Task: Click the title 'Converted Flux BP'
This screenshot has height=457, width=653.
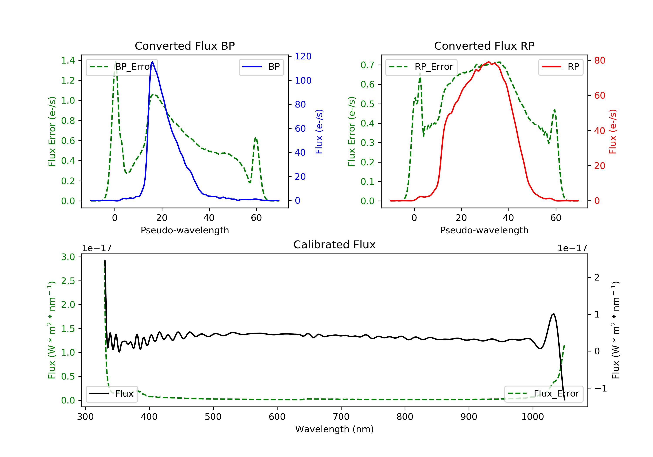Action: click(185, 46)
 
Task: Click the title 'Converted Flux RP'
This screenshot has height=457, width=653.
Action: click(484, 46)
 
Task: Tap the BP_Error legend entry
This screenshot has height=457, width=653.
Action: click(122, 67)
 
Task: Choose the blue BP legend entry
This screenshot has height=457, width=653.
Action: click(261, 67)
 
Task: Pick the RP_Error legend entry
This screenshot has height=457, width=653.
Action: click(421, 67)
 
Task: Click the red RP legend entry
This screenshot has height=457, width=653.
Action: click(560, 67)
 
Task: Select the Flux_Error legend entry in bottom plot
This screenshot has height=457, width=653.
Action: click(544, 394)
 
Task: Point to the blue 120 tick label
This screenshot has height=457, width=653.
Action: click(303, 56)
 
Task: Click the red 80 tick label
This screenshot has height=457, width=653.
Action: click(599, 60)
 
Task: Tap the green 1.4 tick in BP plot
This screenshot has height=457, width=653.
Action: click(68, 60)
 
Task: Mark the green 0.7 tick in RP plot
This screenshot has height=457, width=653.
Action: click(367, 65)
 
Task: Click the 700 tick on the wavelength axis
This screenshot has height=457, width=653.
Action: click(341, 417)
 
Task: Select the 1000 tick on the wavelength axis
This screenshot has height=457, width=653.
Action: click(532, 417)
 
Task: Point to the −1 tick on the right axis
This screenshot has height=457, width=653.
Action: click(600, 388)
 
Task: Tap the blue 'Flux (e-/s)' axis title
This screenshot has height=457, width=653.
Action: click(319, 131)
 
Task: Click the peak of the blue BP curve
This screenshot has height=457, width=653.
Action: click(152, 62)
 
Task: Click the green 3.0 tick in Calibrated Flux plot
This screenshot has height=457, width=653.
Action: click(68, 257)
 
